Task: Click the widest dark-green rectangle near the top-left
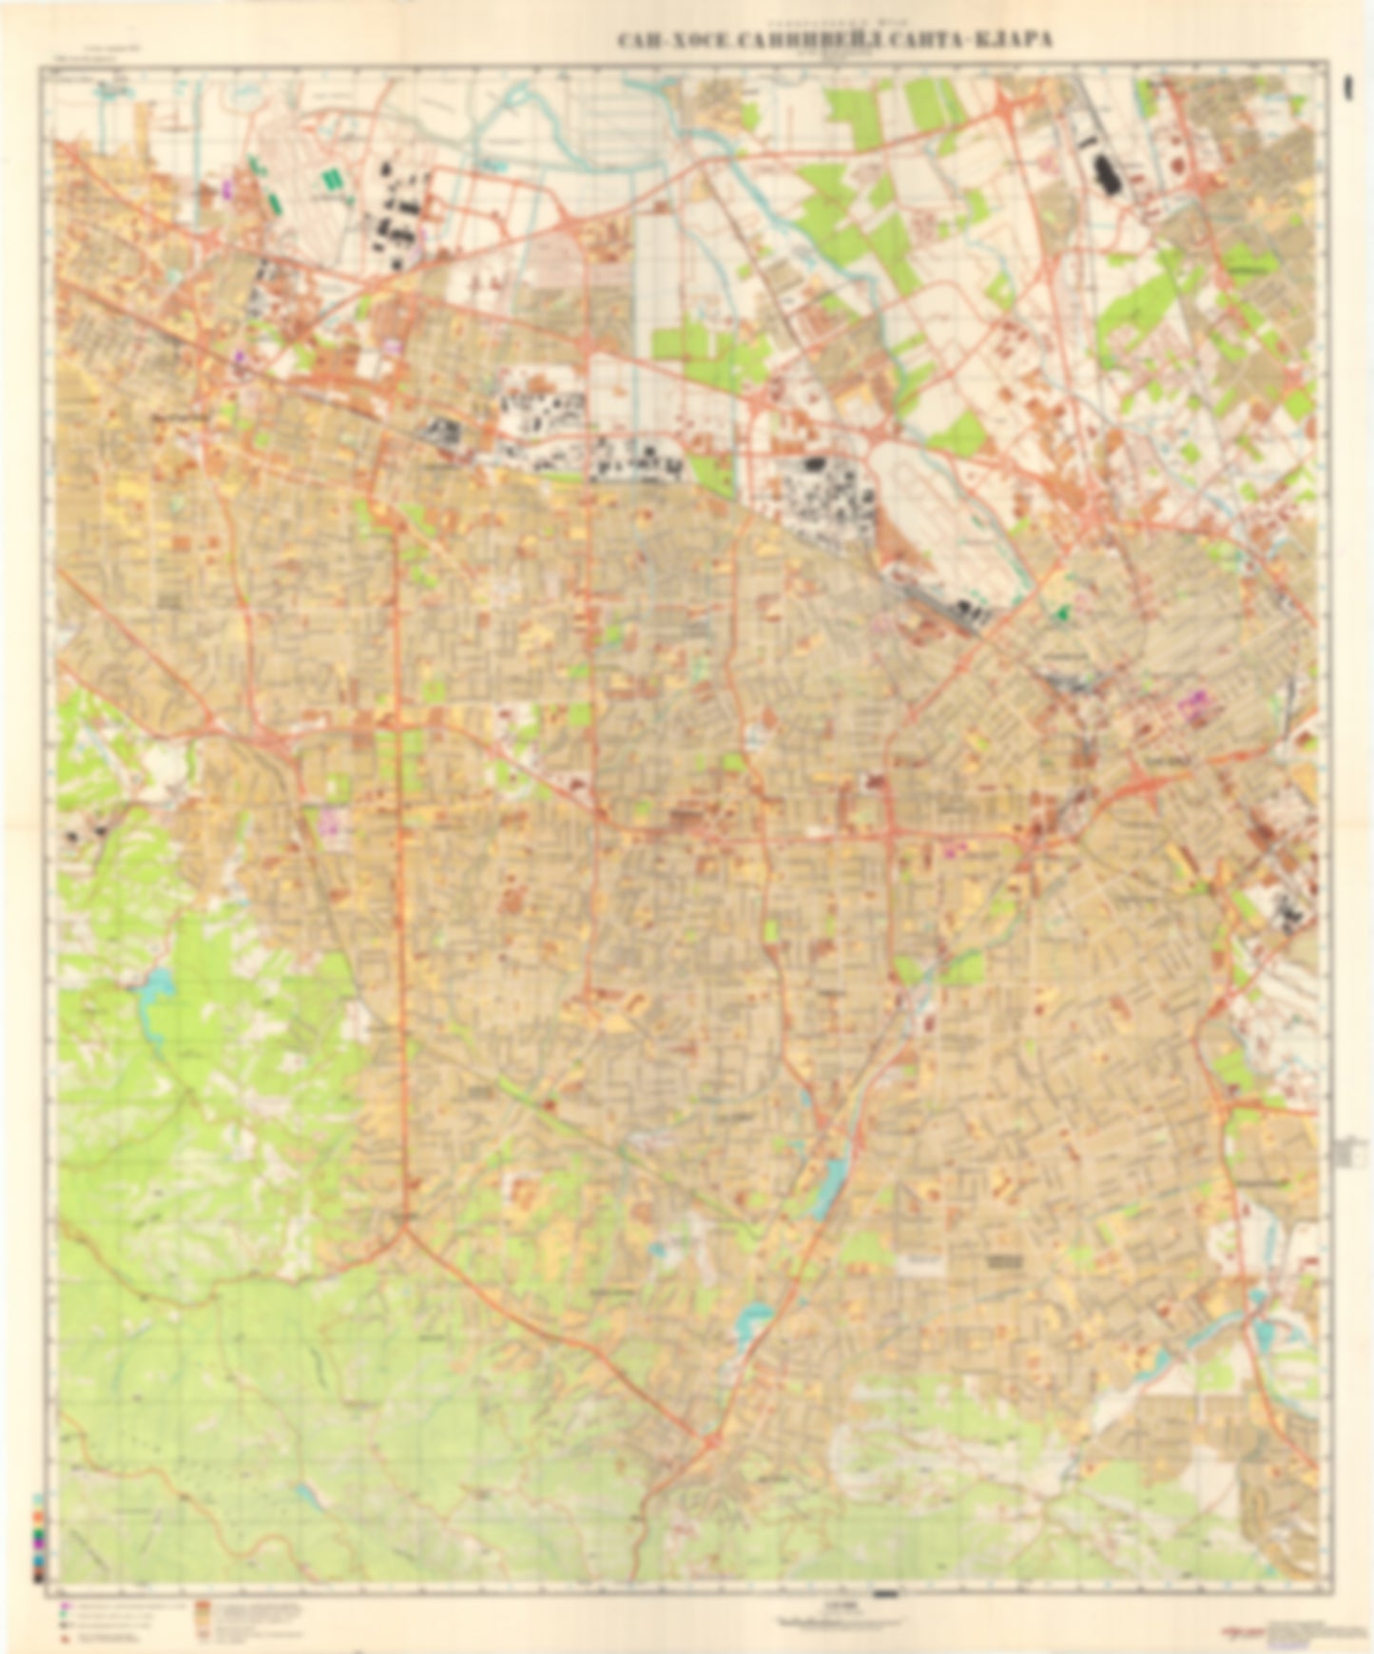(332, 178)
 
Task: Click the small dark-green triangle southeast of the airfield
(1061, 613)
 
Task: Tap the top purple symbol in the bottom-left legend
(64, 1606)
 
